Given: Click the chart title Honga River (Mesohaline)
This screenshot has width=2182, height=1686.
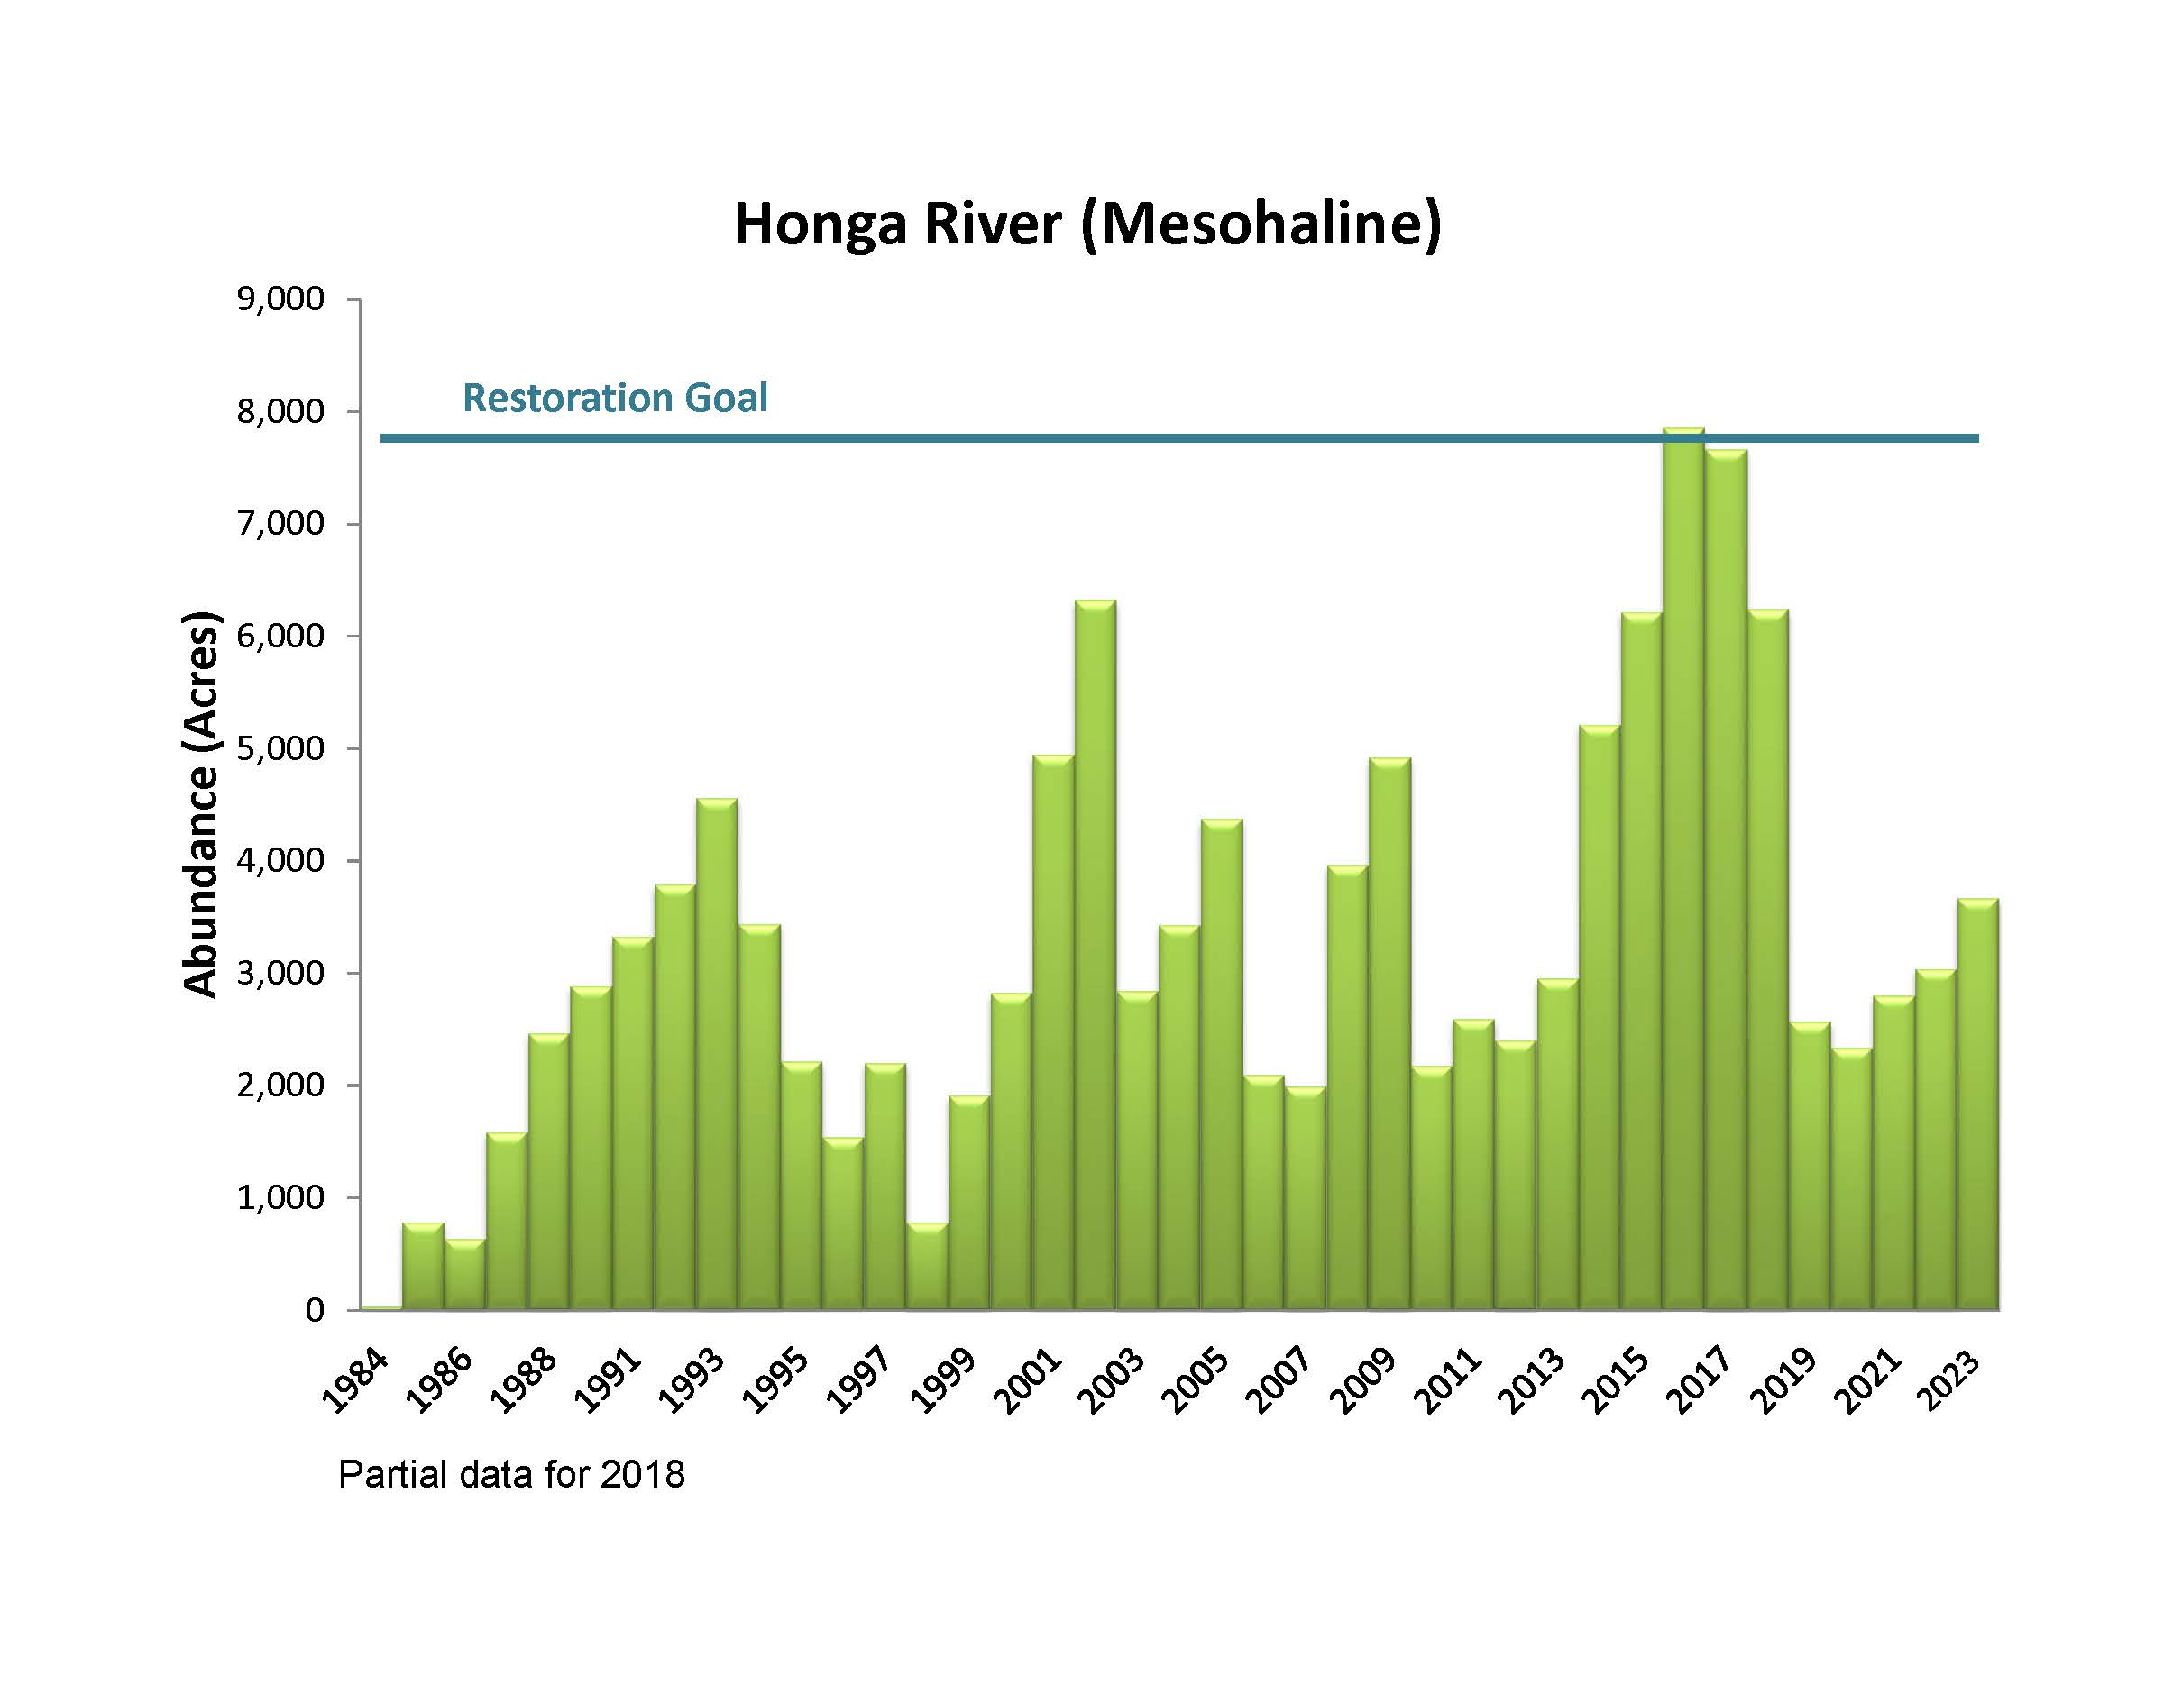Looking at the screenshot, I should tap(1088, 224).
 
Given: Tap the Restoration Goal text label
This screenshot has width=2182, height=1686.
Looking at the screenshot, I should tap(614, 398).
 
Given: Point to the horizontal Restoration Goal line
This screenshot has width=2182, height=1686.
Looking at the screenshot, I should tap(999, 437).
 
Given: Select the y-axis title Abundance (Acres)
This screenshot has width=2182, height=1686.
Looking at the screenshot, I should tap(201, 803).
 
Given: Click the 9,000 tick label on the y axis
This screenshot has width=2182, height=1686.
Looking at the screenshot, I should tap(280, 298).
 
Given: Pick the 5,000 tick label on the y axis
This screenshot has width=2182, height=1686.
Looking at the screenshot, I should tap(280, 748).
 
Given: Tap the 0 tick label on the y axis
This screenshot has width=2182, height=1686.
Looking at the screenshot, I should tap(315, 1309).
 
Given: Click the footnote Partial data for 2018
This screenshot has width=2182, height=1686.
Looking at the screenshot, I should tap(511, 1474).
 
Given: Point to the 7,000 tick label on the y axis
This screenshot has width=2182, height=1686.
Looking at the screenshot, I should tap(280, 523).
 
